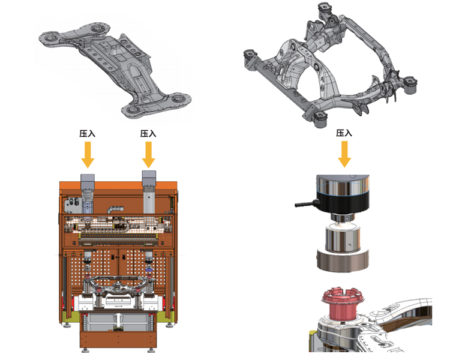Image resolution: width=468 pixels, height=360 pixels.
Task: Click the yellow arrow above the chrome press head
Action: coord(344,154)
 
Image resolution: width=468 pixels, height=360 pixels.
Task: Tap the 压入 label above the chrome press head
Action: coord(344,133)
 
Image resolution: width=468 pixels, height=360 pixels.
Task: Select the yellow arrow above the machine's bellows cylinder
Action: coord(88,155)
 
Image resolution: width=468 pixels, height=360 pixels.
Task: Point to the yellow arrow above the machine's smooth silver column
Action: coord(148,155)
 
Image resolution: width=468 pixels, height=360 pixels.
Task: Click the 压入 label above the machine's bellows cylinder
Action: coord(88,133)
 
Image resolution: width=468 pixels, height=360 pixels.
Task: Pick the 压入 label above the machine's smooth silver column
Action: coord(148,133)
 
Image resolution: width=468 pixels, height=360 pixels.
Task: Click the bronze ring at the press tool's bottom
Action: coord(343,260)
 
